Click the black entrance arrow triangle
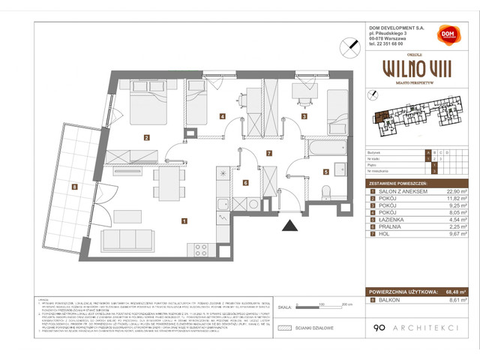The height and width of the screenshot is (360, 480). [x=288, y=223]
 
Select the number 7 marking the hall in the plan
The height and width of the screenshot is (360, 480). [x=268, y=153]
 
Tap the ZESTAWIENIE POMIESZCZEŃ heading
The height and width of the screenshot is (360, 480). [x=398, y=184]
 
